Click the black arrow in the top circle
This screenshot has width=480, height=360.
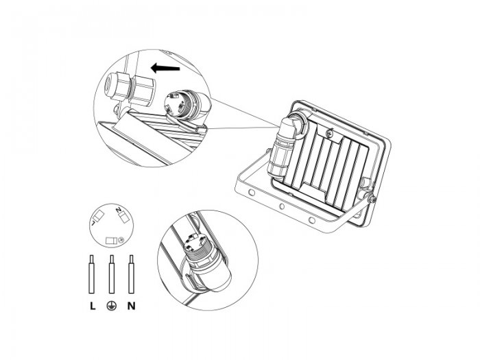[165, 68]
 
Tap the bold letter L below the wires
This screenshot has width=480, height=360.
[93, 306]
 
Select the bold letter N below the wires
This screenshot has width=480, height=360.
[132, 306]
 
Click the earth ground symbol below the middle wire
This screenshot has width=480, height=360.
[112, 306]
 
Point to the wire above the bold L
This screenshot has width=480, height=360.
[91, 274]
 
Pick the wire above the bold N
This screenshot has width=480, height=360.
[132, 274]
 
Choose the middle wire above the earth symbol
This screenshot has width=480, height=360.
[112, 274]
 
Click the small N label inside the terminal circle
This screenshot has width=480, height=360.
[119, 210]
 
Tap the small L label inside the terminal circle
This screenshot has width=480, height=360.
[93, 223]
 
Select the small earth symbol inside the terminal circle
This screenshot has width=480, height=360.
[121, 240]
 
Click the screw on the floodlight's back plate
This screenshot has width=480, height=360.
[330, 133]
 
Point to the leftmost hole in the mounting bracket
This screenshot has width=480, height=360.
[252, 193]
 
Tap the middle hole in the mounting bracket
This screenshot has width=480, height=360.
[282, 206]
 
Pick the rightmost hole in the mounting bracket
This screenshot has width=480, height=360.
[311, 220]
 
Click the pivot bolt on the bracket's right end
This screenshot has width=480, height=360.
[372, 200]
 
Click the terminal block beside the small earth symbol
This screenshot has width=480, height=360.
[111, 241]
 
